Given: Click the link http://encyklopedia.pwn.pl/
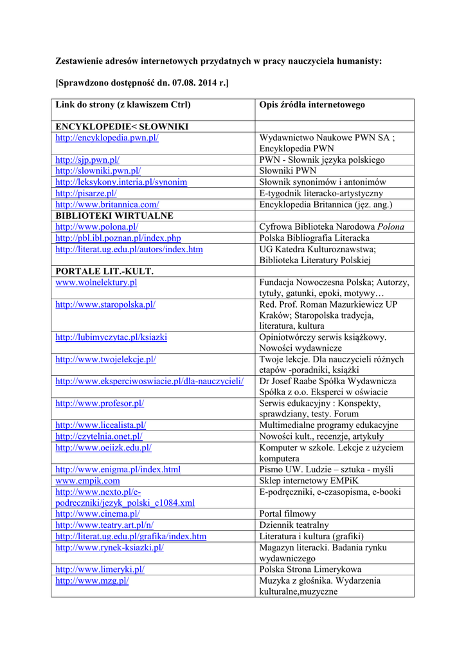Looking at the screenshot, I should (107, 138).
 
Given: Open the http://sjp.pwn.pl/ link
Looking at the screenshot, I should (87, 160).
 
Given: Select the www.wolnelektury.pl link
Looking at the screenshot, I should (96, 282).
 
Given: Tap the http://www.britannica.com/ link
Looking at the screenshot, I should (107, 204).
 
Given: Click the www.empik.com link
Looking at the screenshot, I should (87, 480).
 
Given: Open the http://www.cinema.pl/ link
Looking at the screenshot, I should (97, 514).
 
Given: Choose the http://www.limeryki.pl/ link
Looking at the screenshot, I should (100, 569).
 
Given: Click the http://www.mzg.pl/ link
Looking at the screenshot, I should (92, 580).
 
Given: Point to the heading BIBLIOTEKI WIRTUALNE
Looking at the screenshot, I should (114, 216).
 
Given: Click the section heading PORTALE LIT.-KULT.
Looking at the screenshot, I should (104, 271).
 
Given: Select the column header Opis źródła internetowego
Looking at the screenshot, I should (312, 104).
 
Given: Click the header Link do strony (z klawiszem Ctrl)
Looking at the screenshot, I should (123, 104).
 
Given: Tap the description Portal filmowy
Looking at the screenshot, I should (287, 514).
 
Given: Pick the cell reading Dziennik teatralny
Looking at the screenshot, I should (294, 524).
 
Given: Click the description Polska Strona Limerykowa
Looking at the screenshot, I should (310, 569).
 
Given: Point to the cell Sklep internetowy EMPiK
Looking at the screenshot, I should (309, 480).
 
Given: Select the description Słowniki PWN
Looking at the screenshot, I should (287, 171).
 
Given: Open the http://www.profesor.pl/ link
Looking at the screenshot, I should (100, 403).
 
